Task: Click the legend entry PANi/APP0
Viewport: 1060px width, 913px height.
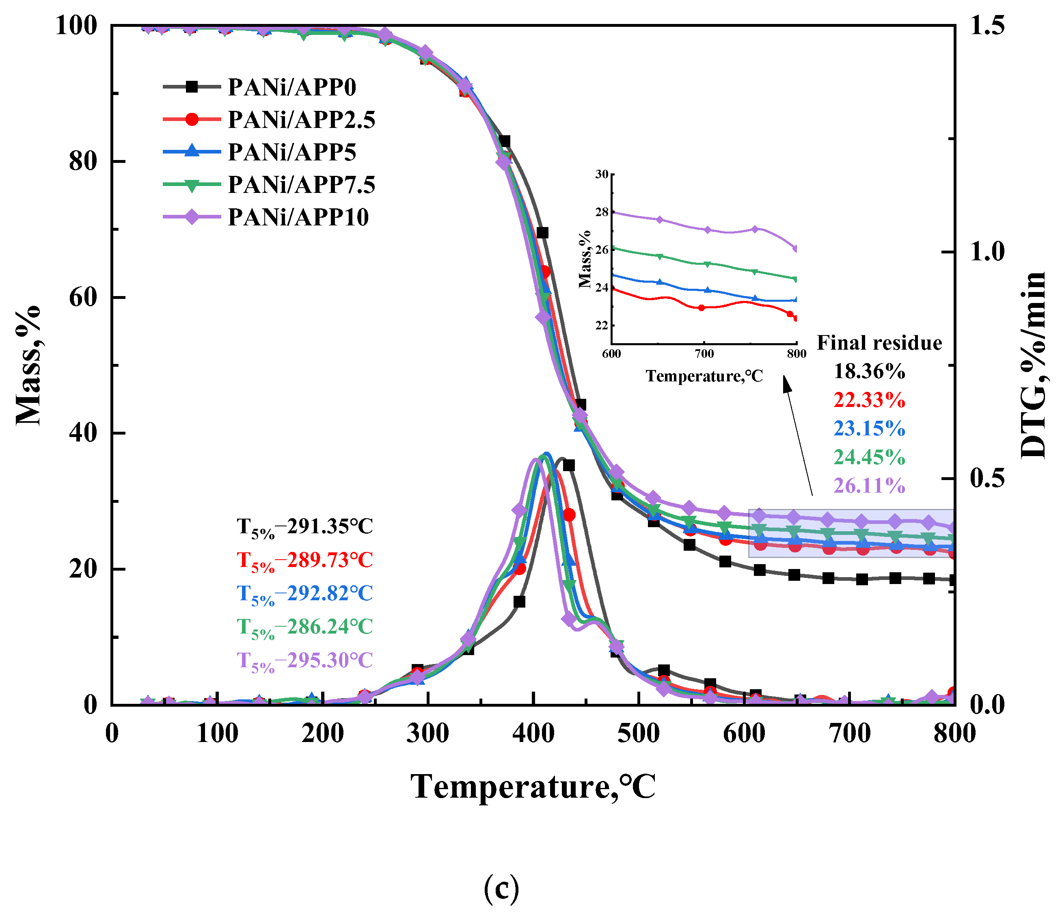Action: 291,87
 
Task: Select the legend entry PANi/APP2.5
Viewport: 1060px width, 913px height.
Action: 301,120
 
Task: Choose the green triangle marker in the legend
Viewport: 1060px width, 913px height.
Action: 192,185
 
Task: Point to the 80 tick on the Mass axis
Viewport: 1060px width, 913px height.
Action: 83,162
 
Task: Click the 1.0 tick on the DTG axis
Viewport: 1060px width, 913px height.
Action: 987,252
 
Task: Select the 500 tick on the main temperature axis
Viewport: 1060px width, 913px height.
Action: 639,733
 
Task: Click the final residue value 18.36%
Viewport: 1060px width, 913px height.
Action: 869,372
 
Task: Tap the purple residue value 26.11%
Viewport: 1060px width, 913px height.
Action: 869,486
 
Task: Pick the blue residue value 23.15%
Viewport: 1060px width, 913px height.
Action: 869,428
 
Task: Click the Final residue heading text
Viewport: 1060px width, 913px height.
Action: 879,343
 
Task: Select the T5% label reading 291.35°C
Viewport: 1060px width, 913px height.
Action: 305,527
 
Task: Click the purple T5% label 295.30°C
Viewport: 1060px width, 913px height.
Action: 305,661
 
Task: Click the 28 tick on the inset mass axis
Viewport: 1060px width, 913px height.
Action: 602,212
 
